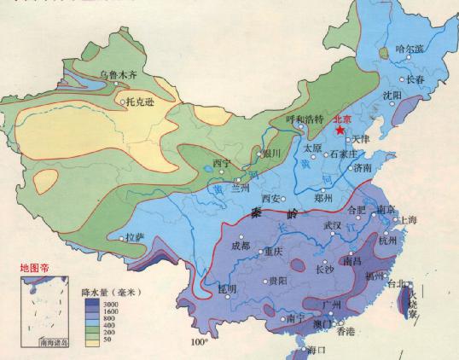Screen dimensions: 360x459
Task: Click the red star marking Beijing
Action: pyautogui.click(x=341, y=131)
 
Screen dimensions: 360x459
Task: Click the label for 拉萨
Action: pyautogui.click(x=136, y=236)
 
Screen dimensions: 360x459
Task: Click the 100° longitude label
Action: pyautogui.click(x=200, y=343)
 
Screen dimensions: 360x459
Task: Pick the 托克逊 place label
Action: pyautogui.click(x=141, y=102)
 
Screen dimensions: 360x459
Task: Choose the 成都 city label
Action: pyautogui.click(x=241, y=247)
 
